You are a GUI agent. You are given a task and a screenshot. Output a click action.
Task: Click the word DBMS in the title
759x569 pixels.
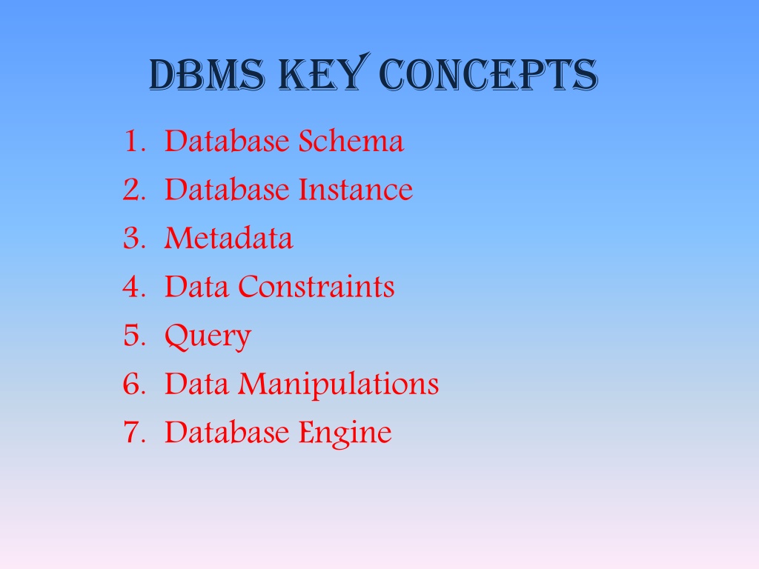pos(208,75)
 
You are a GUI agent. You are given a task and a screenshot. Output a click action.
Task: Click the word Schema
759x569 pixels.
pos(351,141)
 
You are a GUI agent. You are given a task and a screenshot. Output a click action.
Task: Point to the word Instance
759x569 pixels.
pos(356,189)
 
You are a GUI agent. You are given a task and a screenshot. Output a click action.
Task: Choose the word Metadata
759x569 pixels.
pos(229,238)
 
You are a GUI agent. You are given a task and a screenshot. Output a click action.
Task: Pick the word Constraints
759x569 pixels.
pos(316,287)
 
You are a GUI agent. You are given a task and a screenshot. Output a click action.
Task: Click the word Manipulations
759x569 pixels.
pos(338,385)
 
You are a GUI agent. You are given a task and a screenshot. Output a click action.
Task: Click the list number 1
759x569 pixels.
pos(134,142)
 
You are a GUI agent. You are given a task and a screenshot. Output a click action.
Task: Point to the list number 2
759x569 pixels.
pos(134,190)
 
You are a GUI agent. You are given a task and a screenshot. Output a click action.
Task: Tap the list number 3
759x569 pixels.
pos(134,238)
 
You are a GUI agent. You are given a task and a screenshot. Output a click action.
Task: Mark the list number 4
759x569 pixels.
pos(134,287)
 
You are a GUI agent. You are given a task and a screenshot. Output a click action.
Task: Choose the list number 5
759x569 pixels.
pos(134,336)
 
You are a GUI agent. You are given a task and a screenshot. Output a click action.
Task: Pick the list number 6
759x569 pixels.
pos(134,384)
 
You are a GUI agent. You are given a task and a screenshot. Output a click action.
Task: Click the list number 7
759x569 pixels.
pos(134,432)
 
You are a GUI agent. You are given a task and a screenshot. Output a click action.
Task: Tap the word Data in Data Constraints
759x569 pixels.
pos(196,287)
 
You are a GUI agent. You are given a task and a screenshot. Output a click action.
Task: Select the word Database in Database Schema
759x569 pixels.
pos(227,141)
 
